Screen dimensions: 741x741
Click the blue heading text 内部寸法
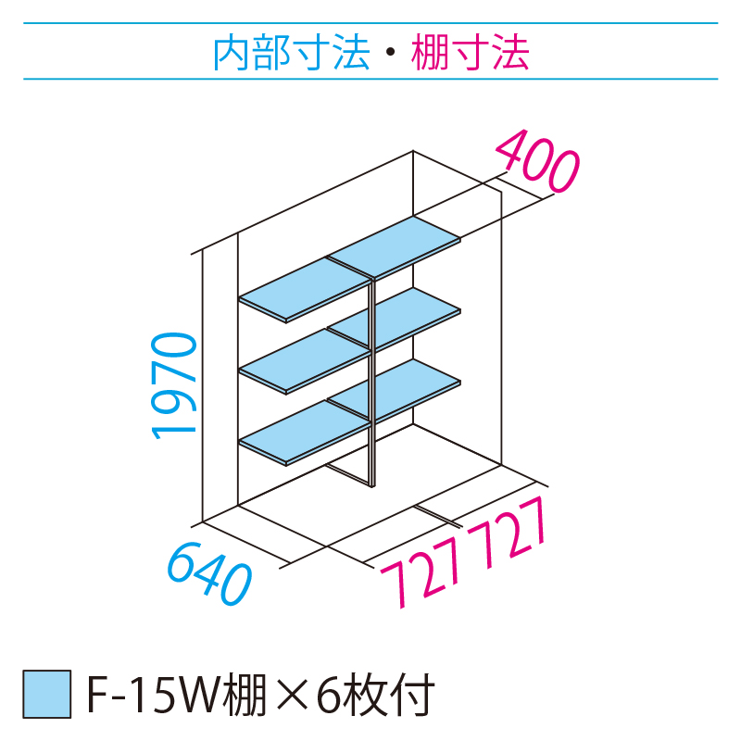click(291, 53)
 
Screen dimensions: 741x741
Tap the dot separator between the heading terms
click(390, 55)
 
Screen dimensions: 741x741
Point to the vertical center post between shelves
click(372, 389)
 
